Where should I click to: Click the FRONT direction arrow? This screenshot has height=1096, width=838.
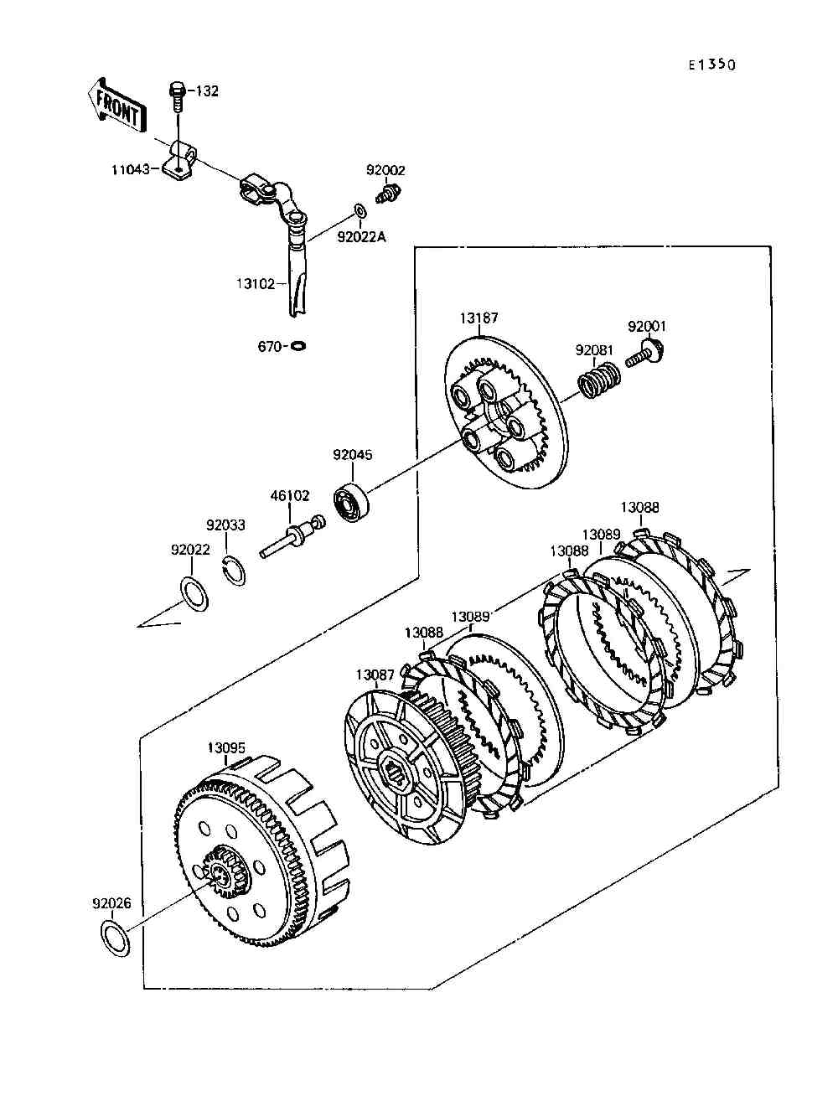pyautogui.click(x=116, y=107)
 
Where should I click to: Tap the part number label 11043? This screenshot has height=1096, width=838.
pyautogui.click(x=130, y=170)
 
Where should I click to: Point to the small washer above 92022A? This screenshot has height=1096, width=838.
pyautogui.click(x=360, y=210)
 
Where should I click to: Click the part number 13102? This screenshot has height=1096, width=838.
pyautogui.click(x=256, y=284)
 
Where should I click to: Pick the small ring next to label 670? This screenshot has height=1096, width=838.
pyautogui.click(x=298, y=345)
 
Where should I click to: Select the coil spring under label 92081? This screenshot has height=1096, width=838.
pyautogui.click(x=599, y=380)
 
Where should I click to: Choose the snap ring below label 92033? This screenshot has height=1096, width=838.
pyautogui.click(x=233, y=569)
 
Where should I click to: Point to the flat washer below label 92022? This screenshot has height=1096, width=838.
pyautogui.click(x=194, y=594)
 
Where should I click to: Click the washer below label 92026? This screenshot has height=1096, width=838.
pyautogui.click(x=116, y=939)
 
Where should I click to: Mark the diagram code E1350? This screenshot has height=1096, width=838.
pyautogui.click(x=712, y=65)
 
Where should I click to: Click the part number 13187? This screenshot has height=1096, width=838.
pyautogui.click(x=479, y=318)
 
